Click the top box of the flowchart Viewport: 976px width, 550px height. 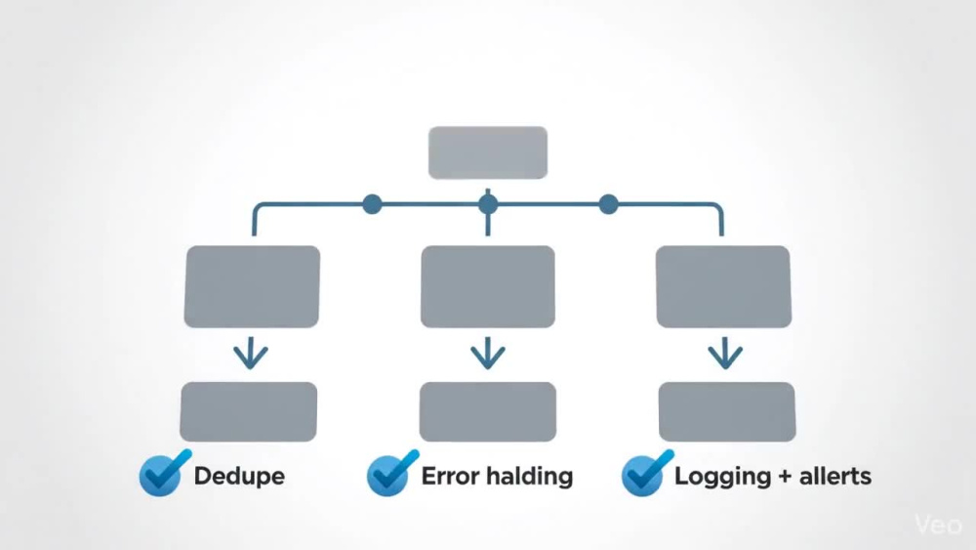pos(488,152)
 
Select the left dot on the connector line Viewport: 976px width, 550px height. pos(372,204)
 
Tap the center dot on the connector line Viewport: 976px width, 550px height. pos(488,204)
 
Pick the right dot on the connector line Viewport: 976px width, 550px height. pos(609,204)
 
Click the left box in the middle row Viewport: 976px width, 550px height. pos(252,286)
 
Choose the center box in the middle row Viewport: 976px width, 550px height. pos(488,286)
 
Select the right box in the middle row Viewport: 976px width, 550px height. pos(724,286)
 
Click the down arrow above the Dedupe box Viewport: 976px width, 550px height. pos(251,354)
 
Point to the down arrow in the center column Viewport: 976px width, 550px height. pos(488,354)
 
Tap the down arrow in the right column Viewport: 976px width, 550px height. pos(725,354)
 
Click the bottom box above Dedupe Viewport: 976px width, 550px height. pos(248,411)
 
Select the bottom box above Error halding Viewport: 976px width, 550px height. pos(488,411)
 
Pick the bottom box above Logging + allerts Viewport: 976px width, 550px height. pos(727,411)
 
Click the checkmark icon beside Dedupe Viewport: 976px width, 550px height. pos(164,474)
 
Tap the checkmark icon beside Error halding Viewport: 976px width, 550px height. pos(392,474)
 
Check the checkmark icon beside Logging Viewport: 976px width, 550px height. pos(647,474)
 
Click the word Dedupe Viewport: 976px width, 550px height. pos(240,477)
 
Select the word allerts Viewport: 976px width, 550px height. pos(835,477)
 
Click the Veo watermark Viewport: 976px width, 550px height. pos(938,525)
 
